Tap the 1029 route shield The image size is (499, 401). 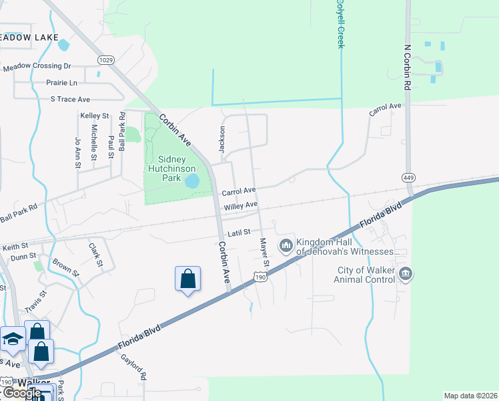point(105,60)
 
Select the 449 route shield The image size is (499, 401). point(409,177)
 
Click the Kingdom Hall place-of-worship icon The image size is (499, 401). point(286,246)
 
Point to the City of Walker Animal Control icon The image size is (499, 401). point(406,274)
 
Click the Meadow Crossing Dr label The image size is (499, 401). point(37,67)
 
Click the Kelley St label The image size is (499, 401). point(95,116)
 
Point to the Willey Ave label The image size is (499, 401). point(241,207)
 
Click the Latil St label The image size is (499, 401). point(238,233)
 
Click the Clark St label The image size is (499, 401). point(95,255)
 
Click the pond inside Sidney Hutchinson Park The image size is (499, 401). point(192,181)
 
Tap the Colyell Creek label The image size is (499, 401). point(341,24)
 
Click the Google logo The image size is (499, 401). point(22,392)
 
